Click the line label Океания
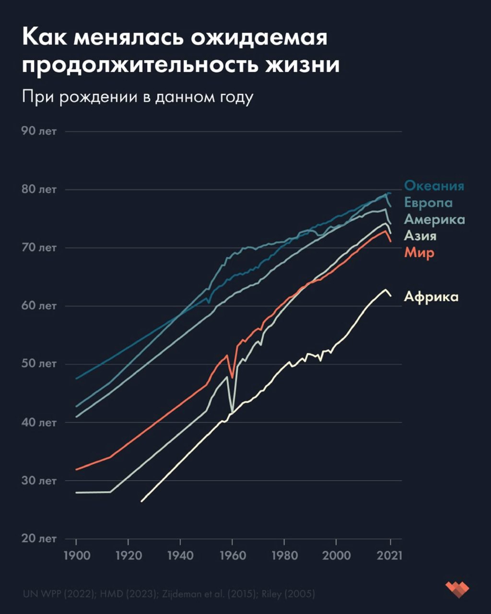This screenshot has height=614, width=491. [x=434, y=186]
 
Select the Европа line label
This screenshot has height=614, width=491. [x=428, y=202]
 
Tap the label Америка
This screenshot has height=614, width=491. [x=434, y=219]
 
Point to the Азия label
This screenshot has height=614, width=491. [x=420, y=236]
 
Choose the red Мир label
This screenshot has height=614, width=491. [x=419, y=252]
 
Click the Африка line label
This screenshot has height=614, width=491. [x=431, y=296]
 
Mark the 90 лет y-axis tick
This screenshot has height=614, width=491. [x=39, y=131]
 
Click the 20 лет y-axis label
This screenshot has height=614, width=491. [x=39, y=538]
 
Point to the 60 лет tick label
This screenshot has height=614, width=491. [x=39, y=306]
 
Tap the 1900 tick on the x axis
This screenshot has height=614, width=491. [x=76, y=555]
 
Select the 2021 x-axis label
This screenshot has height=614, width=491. [x=390, y=555]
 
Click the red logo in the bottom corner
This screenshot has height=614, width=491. [x=457, y=589]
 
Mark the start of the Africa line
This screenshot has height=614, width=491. [x=141, y=501]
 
